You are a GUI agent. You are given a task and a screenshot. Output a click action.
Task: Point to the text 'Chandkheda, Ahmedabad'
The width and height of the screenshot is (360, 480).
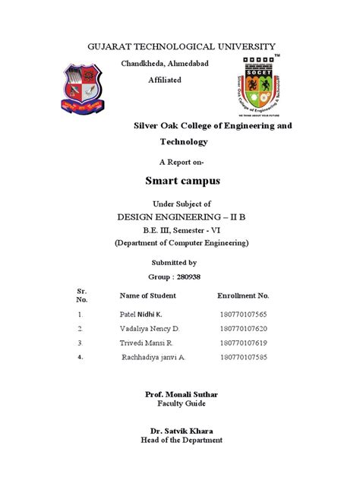pyautogui.click(x=166, y=64)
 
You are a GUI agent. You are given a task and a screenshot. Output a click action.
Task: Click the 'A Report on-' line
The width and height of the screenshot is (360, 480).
pyautogui.click(x=180, y=162)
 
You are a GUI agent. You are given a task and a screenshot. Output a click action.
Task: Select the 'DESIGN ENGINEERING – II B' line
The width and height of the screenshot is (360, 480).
pyautogui.click(x=180, y=216)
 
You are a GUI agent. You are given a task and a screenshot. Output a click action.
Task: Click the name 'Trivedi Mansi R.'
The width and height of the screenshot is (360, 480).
pyautogui.click(x=150, y=344)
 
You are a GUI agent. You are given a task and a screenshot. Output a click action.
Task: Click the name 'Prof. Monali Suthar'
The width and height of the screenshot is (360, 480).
pyautogui.click(x=180, y=396)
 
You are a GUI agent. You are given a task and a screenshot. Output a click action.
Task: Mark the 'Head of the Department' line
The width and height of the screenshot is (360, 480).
pyautogui.click(x=180, y=440)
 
